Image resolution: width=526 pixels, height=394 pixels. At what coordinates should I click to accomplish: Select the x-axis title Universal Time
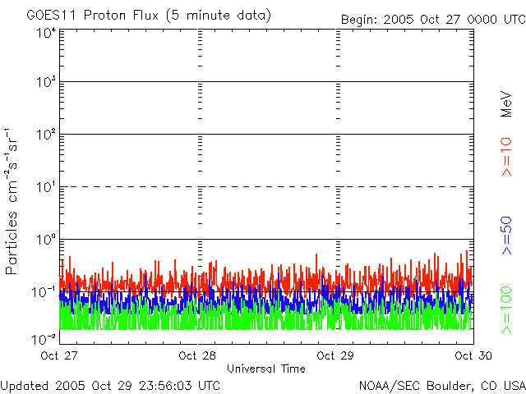coord(265,369)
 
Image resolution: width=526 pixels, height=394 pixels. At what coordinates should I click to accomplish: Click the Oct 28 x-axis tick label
coord(199,356)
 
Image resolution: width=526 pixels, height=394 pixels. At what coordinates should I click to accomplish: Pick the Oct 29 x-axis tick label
coord(336,356)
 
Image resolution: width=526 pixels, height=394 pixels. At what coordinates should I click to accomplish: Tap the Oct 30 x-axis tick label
coord(473,356)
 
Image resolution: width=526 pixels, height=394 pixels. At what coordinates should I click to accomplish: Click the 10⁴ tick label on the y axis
coord(45,33)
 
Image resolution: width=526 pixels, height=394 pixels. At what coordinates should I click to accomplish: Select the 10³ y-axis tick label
coord(45,84)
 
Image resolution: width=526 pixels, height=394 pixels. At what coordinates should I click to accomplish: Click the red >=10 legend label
coord(506,156)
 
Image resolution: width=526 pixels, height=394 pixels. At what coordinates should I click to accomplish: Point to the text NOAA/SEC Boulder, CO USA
coord(441,385)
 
